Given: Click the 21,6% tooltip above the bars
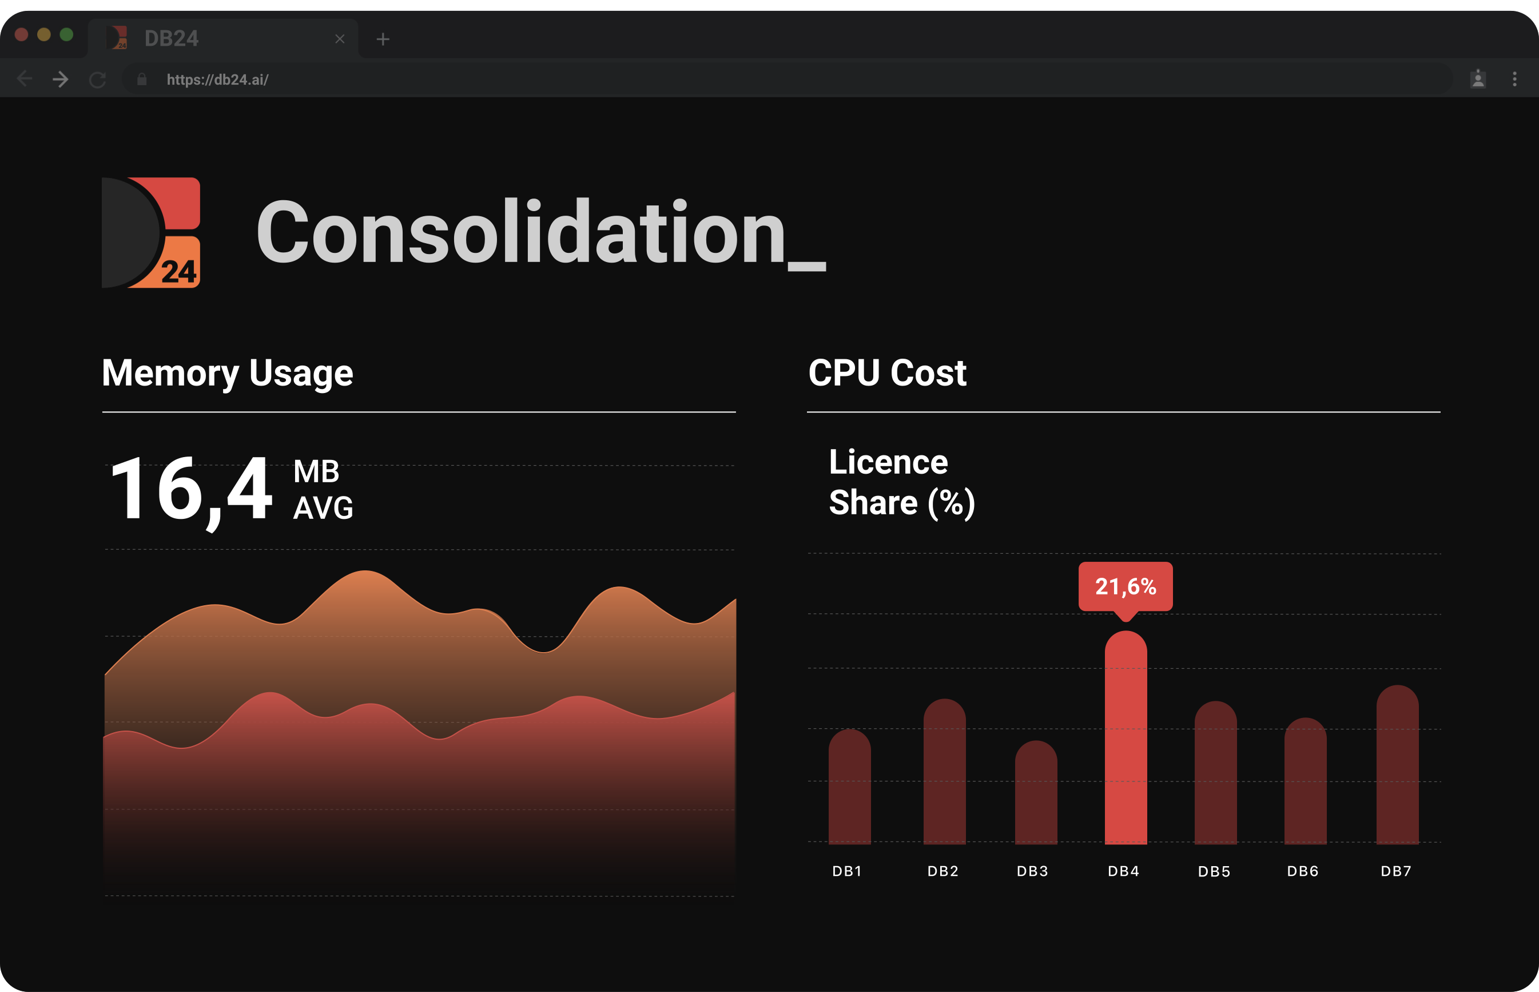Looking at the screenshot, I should tap(1126, 586).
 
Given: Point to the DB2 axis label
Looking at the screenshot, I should tap(943, 871).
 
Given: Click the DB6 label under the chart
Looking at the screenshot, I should tap(1303, 871).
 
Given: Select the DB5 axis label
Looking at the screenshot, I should tap(1214, 871).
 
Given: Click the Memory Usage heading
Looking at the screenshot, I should tap(227, 373).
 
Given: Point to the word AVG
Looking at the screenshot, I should tap(323, 507).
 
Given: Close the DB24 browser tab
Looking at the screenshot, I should tap(340, 39).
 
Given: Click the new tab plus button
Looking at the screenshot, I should tap(383, 39).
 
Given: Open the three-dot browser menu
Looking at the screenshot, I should tap(1514, 78).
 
